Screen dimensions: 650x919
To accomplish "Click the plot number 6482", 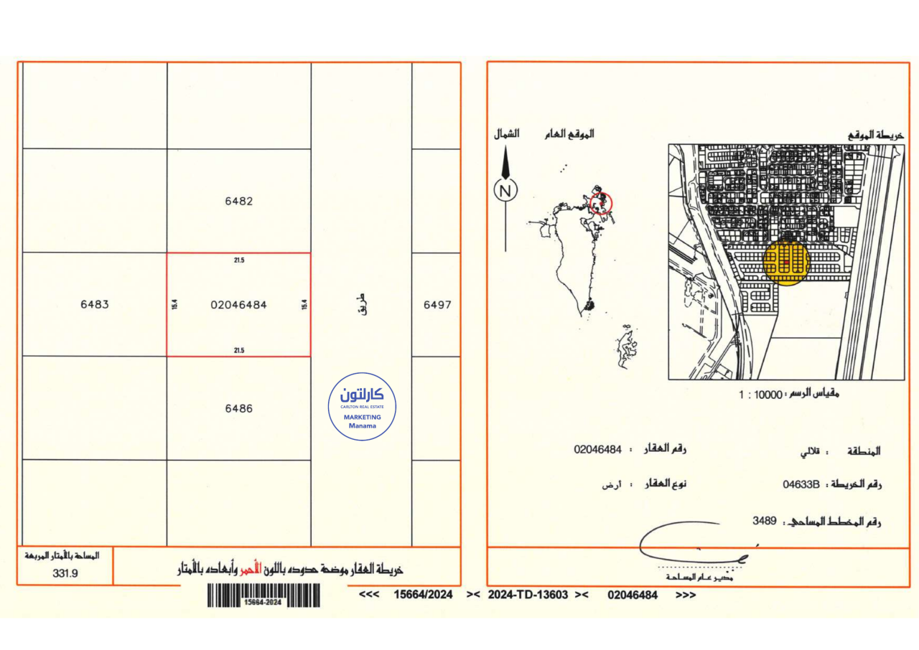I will coord(238,202).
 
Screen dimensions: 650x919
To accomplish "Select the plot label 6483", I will coord(95,304).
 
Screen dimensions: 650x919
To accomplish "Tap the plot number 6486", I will coord(238,408).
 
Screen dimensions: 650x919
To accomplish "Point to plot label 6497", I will coord(437,304).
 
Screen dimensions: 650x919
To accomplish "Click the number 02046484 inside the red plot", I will coord(238,305).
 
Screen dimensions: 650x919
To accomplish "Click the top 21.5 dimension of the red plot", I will coord(239,260).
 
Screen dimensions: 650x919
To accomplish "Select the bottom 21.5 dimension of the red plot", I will coord(239,350).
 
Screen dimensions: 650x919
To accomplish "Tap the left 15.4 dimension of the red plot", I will coord(174,305).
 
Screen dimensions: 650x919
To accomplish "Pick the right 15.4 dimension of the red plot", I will coord(304,305).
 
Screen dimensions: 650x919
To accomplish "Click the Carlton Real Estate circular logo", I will coord(362,406).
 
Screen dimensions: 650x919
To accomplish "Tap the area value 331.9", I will coord(65,573).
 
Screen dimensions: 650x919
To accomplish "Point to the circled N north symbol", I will coord(505,191).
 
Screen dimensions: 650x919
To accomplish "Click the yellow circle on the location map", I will coord(786,263).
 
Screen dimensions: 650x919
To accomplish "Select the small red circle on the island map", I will coord(602,203).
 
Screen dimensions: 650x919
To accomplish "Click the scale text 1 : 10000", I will coord(760,395).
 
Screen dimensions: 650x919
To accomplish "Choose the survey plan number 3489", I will coord(765,521).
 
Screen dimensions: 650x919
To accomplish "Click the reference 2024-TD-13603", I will coord(528,595).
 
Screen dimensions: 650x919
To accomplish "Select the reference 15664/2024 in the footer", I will coord(424,595).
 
